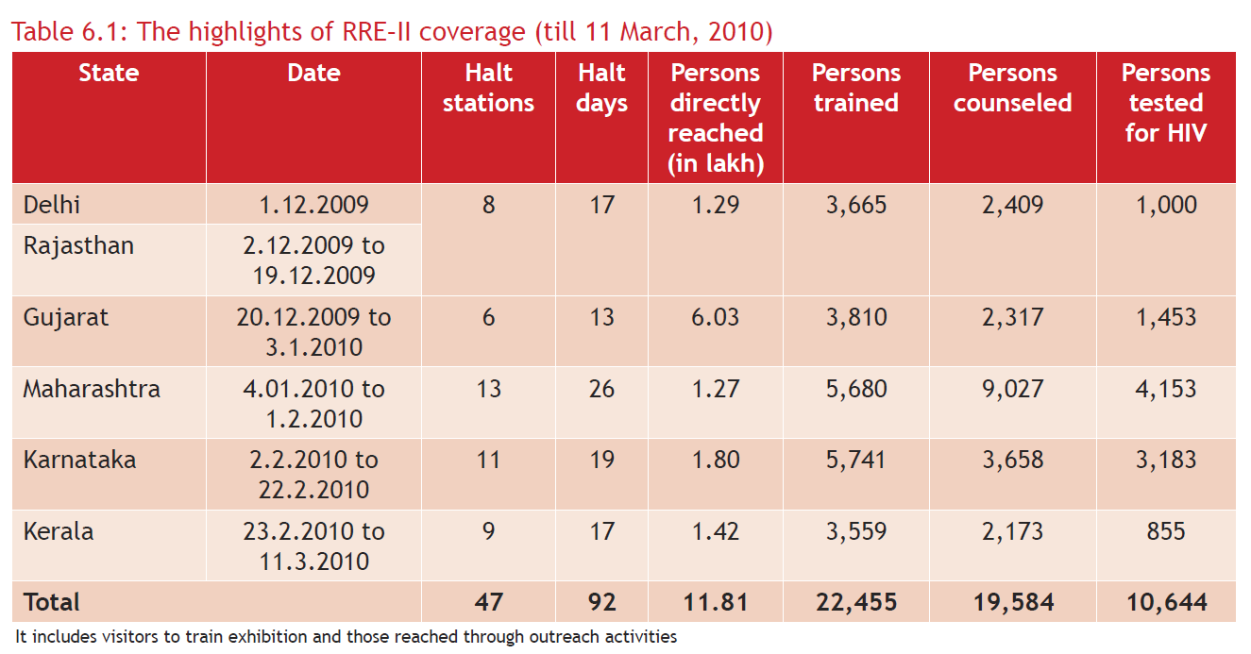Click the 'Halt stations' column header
pos(488,88)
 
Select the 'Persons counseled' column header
pos(1012,88)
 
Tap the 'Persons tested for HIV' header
pos(1166,103)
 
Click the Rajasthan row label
pos(78,246)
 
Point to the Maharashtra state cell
pos(92,389)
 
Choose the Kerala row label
pos(59,531)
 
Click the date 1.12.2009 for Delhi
pos(313,205)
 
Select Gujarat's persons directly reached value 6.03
pos(715,317)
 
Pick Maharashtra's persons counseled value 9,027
pos(1012,389)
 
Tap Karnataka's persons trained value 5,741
pos(856,460)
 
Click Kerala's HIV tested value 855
pos(1166,531)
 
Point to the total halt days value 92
pos(601,602)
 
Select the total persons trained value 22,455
pos(856,602)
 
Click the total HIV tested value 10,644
pos(1166,602)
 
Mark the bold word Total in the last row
pos(52,602)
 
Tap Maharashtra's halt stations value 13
pos(488,389)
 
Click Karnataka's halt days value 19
pos(601,460)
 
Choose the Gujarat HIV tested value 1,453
pos(1166,317)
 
